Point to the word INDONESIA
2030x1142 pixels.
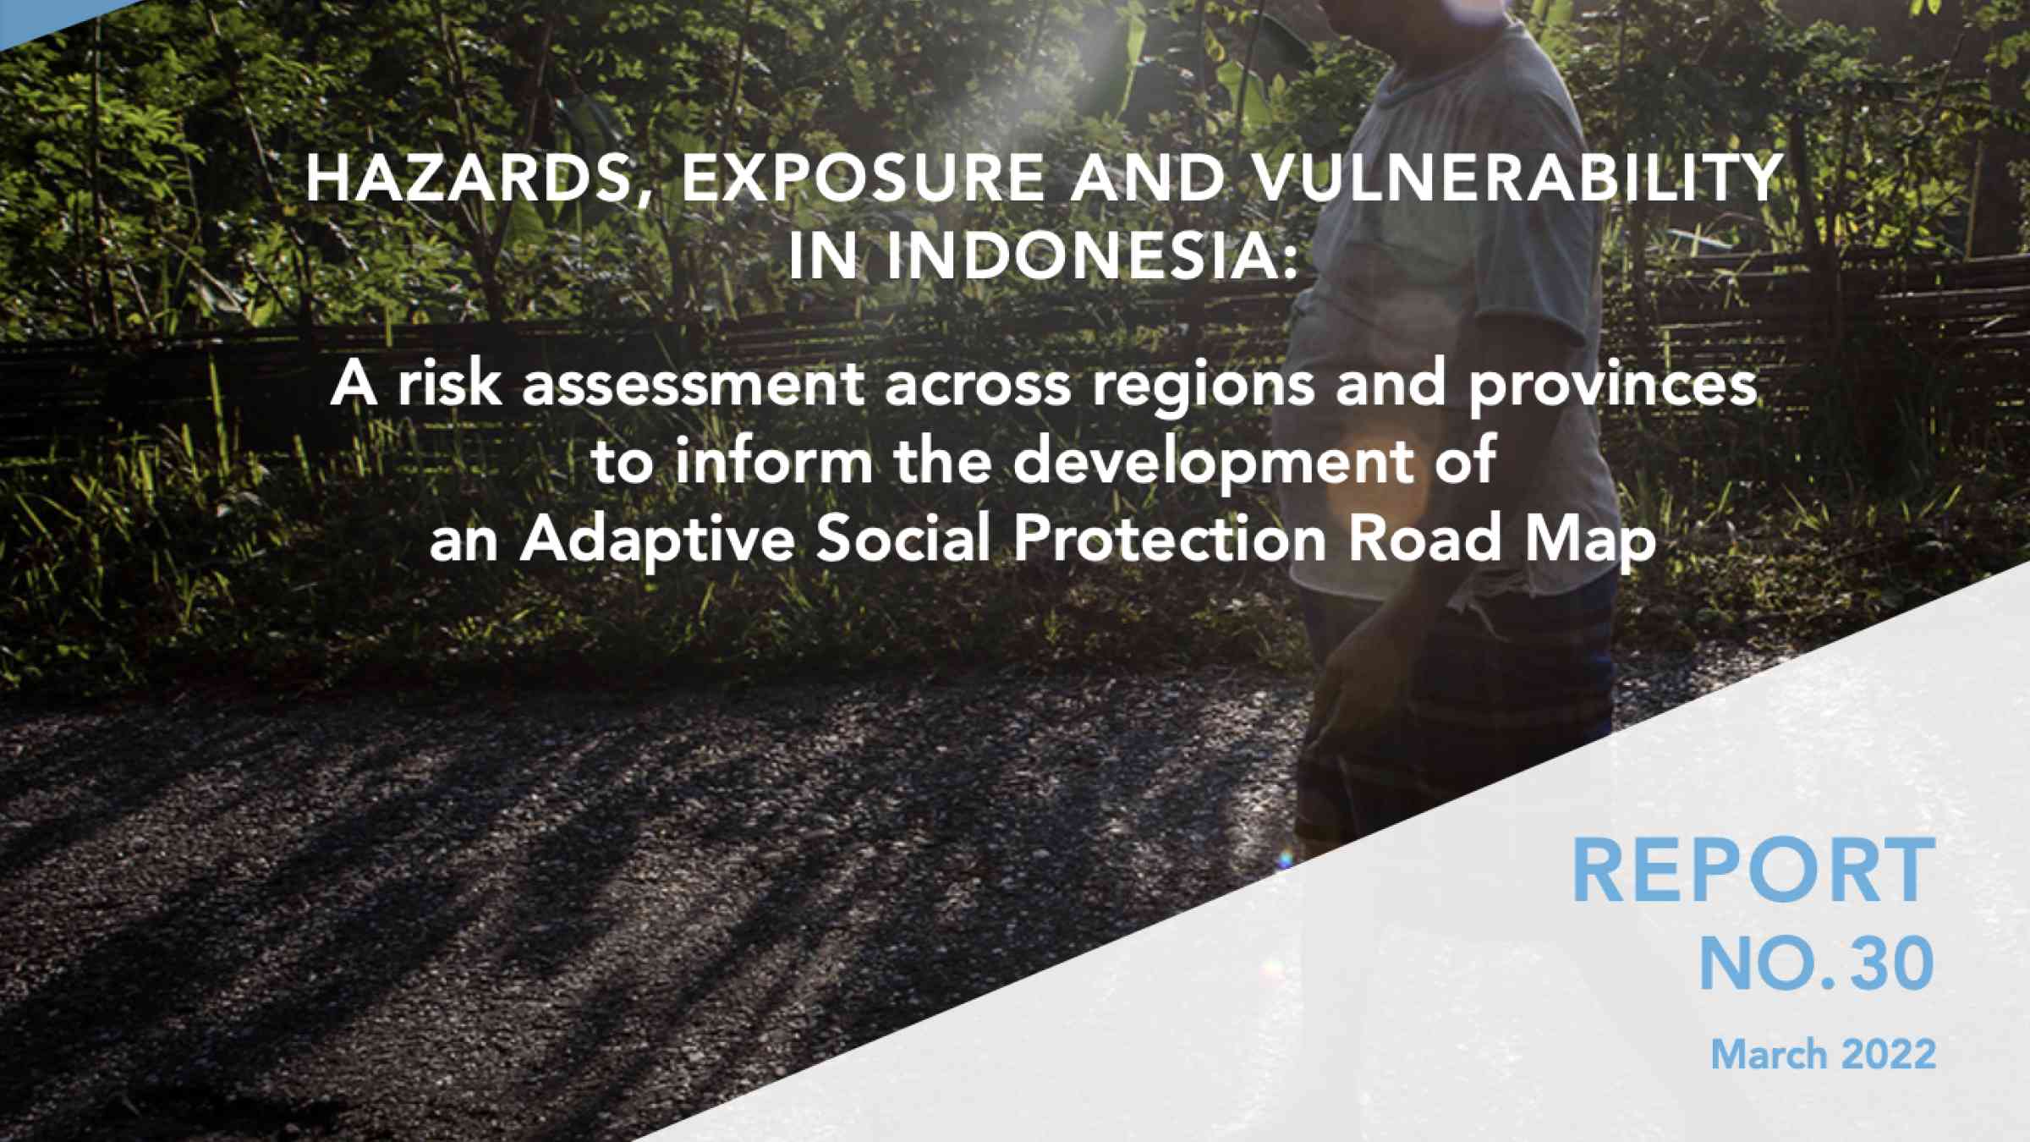[x=1091, y=255]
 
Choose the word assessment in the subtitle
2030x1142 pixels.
[x=693, y=386]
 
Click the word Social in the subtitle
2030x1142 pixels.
[x=903, y=538]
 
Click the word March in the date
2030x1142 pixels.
[x=1768, y=1054]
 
